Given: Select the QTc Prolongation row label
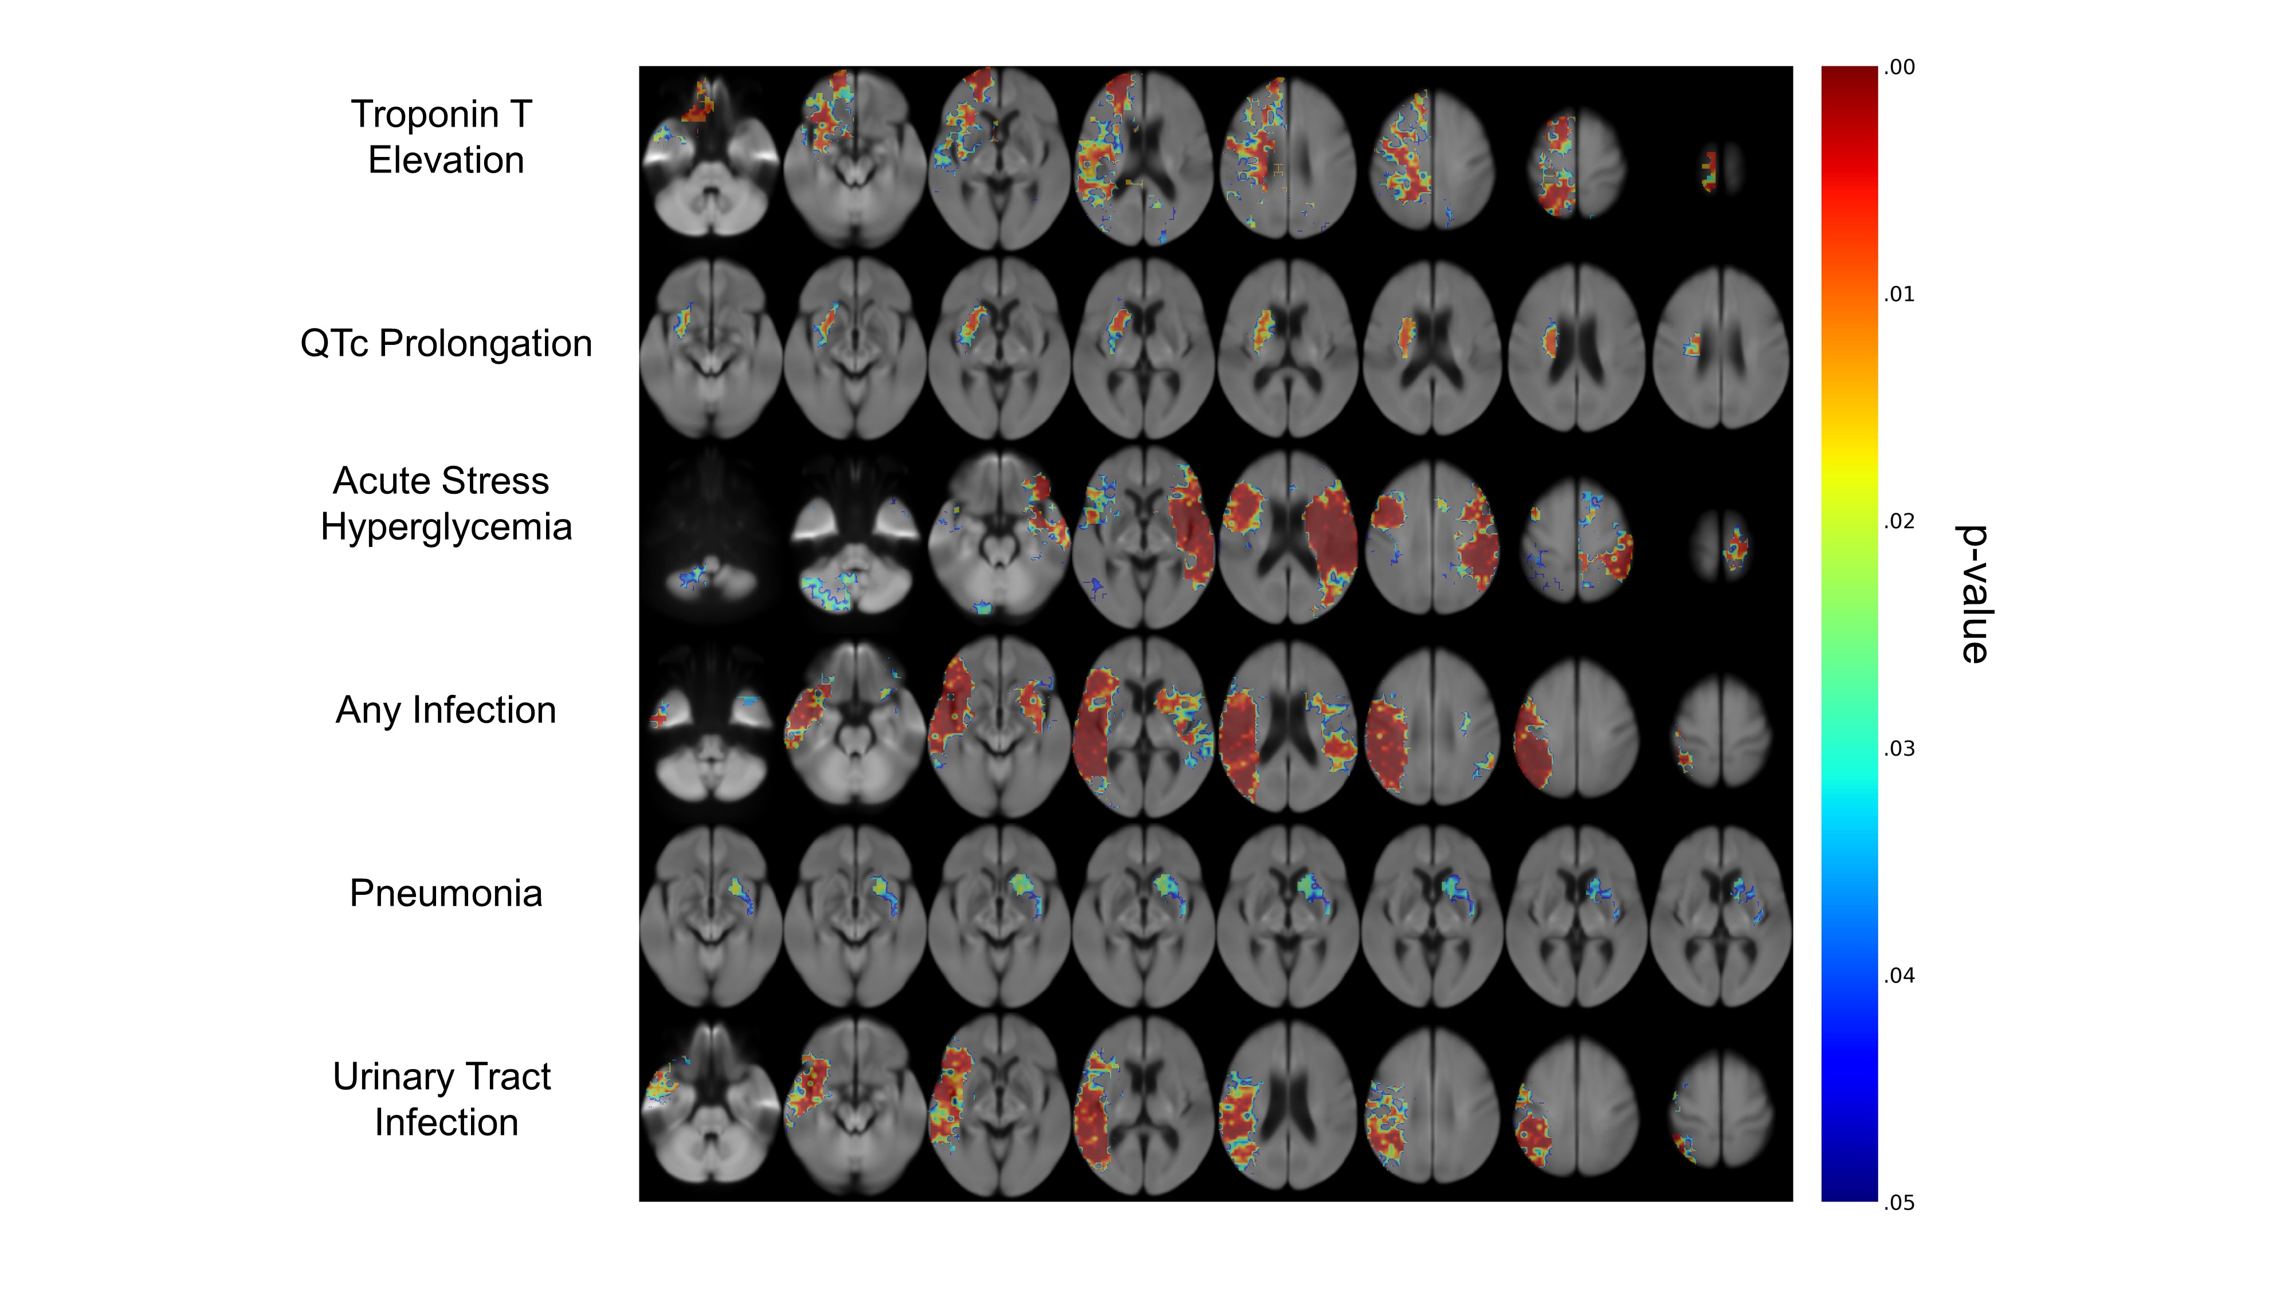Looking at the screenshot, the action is pos(446,343).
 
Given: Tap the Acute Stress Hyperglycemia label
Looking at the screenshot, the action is pos(446,504).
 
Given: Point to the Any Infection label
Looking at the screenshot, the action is pos(446,710).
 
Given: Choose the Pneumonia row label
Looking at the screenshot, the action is pos(446,893).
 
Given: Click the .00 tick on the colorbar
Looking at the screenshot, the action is pos(1899,68).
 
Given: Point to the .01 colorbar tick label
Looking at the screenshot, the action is pos(1899,294).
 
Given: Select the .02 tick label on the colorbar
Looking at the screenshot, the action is pos(1899,521).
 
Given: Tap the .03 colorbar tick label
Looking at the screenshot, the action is pos(1899,748).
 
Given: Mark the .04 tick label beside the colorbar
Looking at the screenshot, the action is pos(1899,976).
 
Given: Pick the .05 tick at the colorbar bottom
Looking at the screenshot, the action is pos(1899,1202).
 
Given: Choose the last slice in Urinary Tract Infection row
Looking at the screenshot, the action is pos(1721,1107).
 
